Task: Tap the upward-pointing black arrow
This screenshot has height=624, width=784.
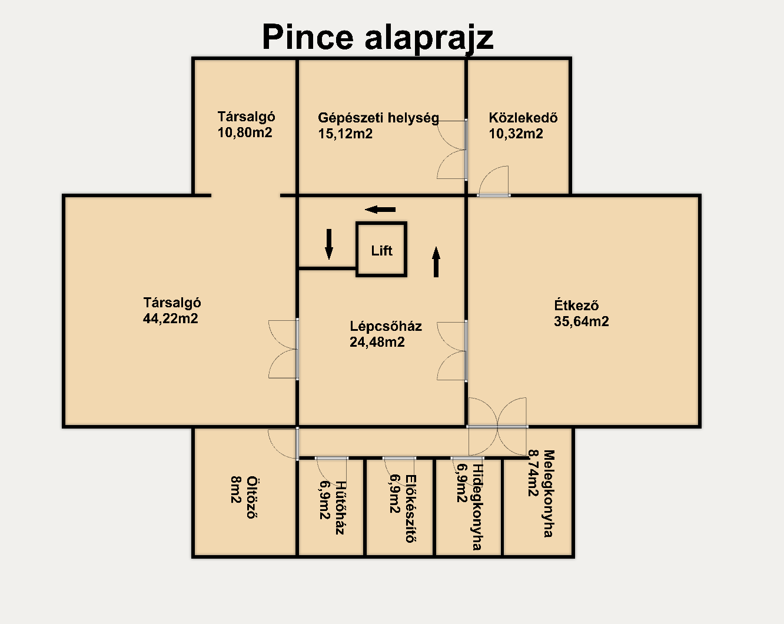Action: pyautogui.click(x=436, y=262)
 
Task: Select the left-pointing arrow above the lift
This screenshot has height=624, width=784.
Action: pyautogui.click(x=380, y=210)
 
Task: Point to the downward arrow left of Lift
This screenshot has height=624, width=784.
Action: pyautogui.click(x=329, y=244)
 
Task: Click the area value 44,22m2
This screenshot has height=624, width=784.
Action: pyautogui.click(x=171, y=318)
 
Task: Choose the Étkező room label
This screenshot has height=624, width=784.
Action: pyautogui.click(x=576, y=305)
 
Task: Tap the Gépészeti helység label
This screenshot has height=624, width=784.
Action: pyautogui.click(x=378, y=118)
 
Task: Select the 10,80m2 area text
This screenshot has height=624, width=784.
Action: pyautogui.click(x=245, y=132)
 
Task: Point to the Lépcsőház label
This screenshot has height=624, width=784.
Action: pyautogui.click(x=386, y=326)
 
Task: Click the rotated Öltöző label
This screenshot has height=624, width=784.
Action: pyautogui.click(x=251, y=497)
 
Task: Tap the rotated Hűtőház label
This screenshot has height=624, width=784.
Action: pyautogui.click(x=340, y=507)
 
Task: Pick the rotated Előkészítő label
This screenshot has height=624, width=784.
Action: pyautogui.click(x=411, y=509)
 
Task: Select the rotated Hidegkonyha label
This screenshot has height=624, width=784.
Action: pyautogui.click(x=477, y=507)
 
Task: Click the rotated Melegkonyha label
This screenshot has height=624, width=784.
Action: pyautogui.click(x=549, y=493)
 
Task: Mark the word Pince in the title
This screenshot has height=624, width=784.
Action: pyautogui.click(x=308, y=37)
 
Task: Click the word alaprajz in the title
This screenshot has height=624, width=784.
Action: pyautogui.click(x=429, y=39)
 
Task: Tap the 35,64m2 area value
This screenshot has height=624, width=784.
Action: pyautogui.click(x=582, y=321)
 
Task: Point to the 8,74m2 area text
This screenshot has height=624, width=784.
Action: pyautogui.click(x=533, y=473)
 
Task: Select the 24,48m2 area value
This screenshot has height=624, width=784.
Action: pyautogui.click(x=377, y=342)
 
